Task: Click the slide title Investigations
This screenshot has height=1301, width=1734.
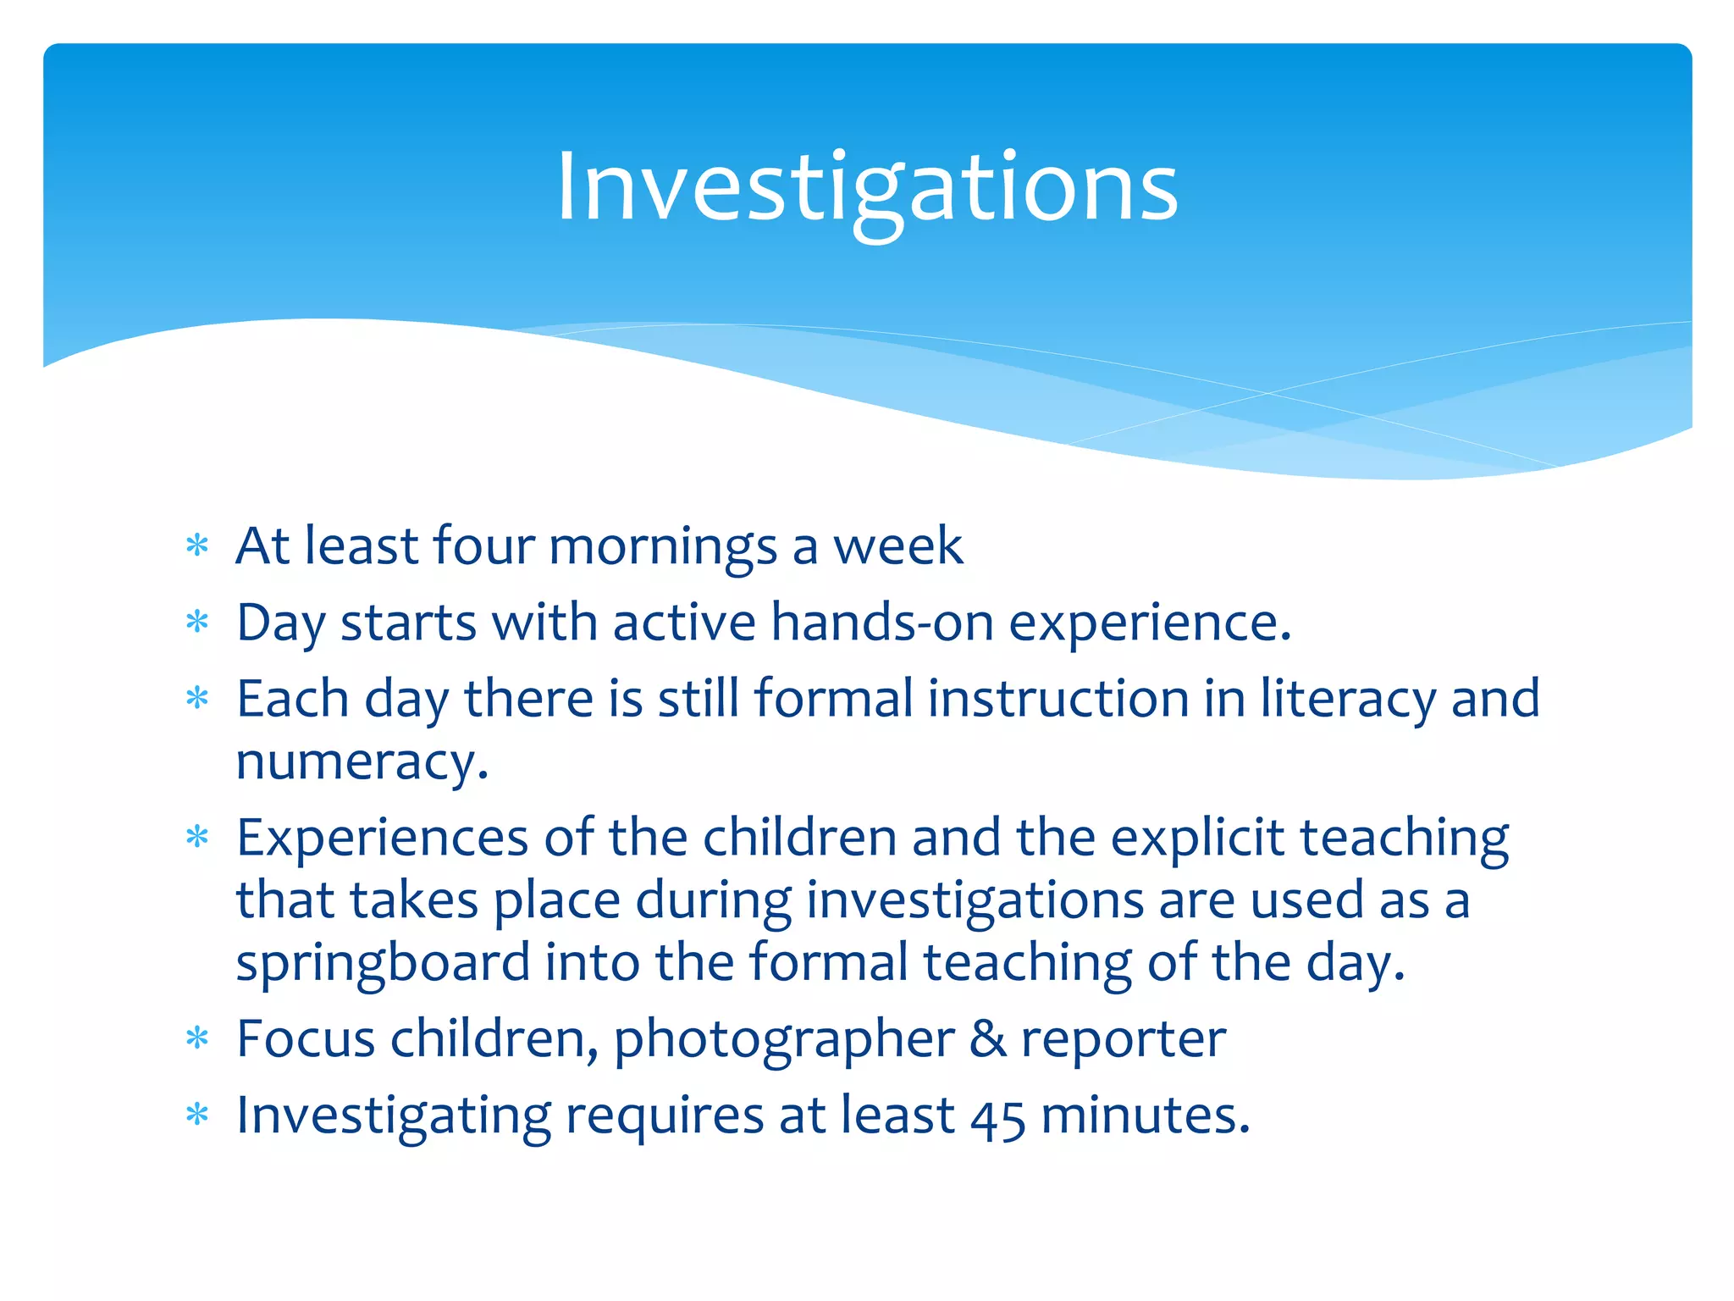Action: coord(867,188)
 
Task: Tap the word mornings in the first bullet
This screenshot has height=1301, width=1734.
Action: coord(662,547)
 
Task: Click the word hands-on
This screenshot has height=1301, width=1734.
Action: coord(881,623)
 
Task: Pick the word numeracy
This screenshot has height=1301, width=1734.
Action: coord(362,762)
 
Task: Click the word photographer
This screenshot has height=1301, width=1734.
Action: coord(784,1040)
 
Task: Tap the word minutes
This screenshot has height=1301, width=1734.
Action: coord(1145,1116)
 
